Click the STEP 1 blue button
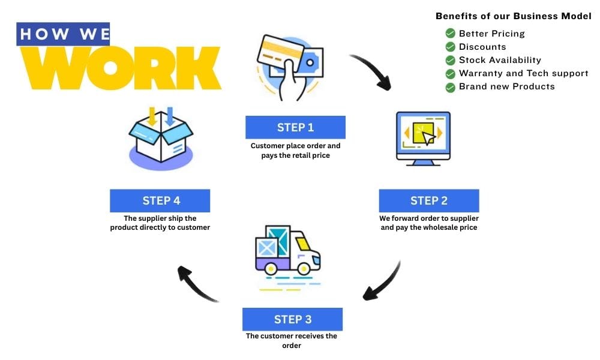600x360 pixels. (295, 127)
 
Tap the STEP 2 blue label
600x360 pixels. (428, 200)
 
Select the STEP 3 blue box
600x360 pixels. (292, 319)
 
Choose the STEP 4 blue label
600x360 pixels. (160, 200)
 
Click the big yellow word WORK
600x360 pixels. (120, 68)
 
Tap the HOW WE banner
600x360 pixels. (64, 34)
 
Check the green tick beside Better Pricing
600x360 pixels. (450, 34)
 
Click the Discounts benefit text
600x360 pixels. (482, 47)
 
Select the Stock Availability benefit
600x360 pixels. (500, 60)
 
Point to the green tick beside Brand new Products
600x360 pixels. (450, 87)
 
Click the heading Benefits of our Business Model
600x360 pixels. (513, 16)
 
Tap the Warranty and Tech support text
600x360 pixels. (523, 73)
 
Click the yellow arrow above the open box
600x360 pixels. (152, 115)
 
